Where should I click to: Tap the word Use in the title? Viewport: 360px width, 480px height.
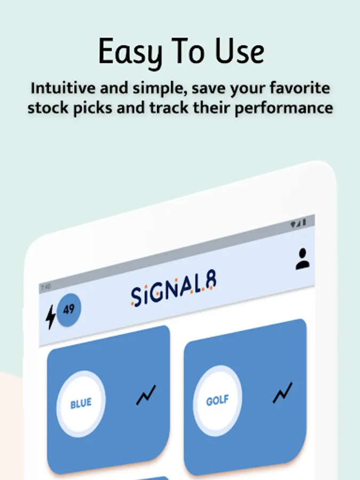point(239,51)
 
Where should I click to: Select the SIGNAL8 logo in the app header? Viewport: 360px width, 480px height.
point(173,288)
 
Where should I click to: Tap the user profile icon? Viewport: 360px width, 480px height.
point(302,259)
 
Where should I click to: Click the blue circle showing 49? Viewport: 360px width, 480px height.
point(69,309)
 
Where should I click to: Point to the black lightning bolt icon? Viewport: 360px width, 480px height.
point(51,317)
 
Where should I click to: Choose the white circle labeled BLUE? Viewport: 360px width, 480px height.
point(81,404)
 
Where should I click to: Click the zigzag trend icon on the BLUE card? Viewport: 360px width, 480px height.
point(146,395)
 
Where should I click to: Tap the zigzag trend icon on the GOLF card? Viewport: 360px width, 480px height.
point(283,393)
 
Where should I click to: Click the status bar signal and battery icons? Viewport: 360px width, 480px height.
point(298,223)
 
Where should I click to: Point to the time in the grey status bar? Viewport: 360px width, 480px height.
point(46,287)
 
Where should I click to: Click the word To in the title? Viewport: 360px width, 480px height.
point(188,51)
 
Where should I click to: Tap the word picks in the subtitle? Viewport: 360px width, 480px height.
point(92,108)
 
